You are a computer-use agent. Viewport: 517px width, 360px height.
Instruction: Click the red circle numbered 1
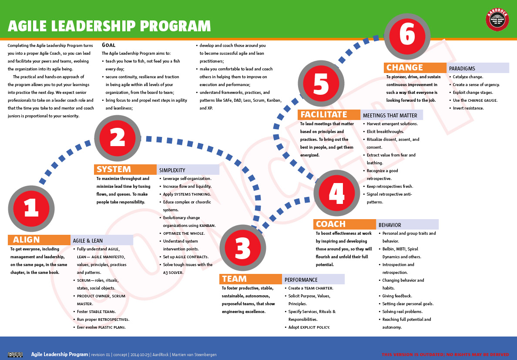coord(31,209)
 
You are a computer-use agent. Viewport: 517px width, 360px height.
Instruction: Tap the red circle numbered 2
coord(117,138)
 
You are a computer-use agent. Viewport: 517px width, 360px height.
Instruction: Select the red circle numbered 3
coord(243,248)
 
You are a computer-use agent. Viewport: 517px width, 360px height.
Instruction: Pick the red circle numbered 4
coord(337,193)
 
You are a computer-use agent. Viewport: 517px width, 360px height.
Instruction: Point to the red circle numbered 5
coord(321,83)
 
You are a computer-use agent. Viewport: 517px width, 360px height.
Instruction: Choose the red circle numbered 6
coord(407,36)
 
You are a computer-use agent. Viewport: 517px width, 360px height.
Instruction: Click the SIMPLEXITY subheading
coord(172,170)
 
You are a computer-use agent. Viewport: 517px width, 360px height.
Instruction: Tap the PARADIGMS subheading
coord(462,69)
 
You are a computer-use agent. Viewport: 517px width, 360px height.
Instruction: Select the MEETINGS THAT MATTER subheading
coord(390,116)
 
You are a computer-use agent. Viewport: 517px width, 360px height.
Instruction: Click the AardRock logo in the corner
coord(497,20)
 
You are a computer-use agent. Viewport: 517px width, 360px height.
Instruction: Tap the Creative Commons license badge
coord(15,355)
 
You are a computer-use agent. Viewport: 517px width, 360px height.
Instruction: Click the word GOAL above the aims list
coord(109,45)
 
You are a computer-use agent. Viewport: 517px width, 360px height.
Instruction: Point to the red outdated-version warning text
coord(445,355)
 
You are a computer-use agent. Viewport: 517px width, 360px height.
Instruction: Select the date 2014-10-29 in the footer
coord(140,355)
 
